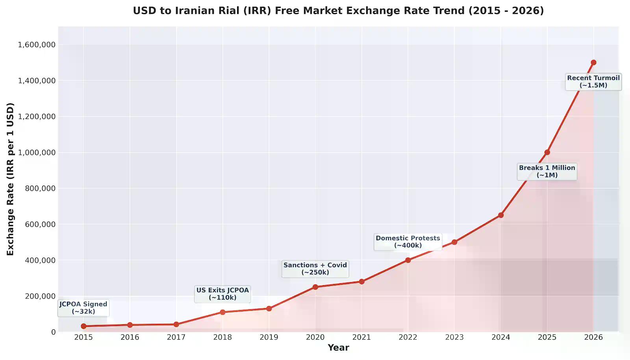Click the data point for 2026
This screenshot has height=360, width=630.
[x=593, y=63]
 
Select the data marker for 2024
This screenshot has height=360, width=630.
[x=501, y=215]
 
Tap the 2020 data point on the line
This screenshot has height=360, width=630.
[x=315, y=287]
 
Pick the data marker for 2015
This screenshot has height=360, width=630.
[x=83, y=326]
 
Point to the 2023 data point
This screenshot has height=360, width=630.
[x=454, y=242]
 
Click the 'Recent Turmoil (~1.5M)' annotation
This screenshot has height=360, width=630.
[x=593, y=82]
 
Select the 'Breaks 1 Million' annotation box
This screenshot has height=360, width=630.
[x=547, y=171]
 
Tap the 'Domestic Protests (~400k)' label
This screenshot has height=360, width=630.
[x=408, y=242]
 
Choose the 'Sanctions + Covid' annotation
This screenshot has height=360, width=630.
[x=315, y=269]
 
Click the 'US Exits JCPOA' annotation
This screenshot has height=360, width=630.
[x=222, y=294]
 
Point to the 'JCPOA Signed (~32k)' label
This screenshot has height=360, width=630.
[x=83, y=308]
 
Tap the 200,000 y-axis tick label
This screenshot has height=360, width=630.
[x=40, y=296]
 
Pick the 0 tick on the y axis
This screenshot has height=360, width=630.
[x=53, y=332]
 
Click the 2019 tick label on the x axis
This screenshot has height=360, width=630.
[x=269, y=337]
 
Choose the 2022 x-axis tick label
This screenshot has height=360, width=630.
[x=408, y=337]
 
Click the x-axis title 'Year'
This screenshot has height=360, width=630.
[x=338, y=347]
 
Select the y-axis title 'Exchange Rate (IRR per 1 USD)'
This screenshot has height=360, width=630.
[x=10, y=179]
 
